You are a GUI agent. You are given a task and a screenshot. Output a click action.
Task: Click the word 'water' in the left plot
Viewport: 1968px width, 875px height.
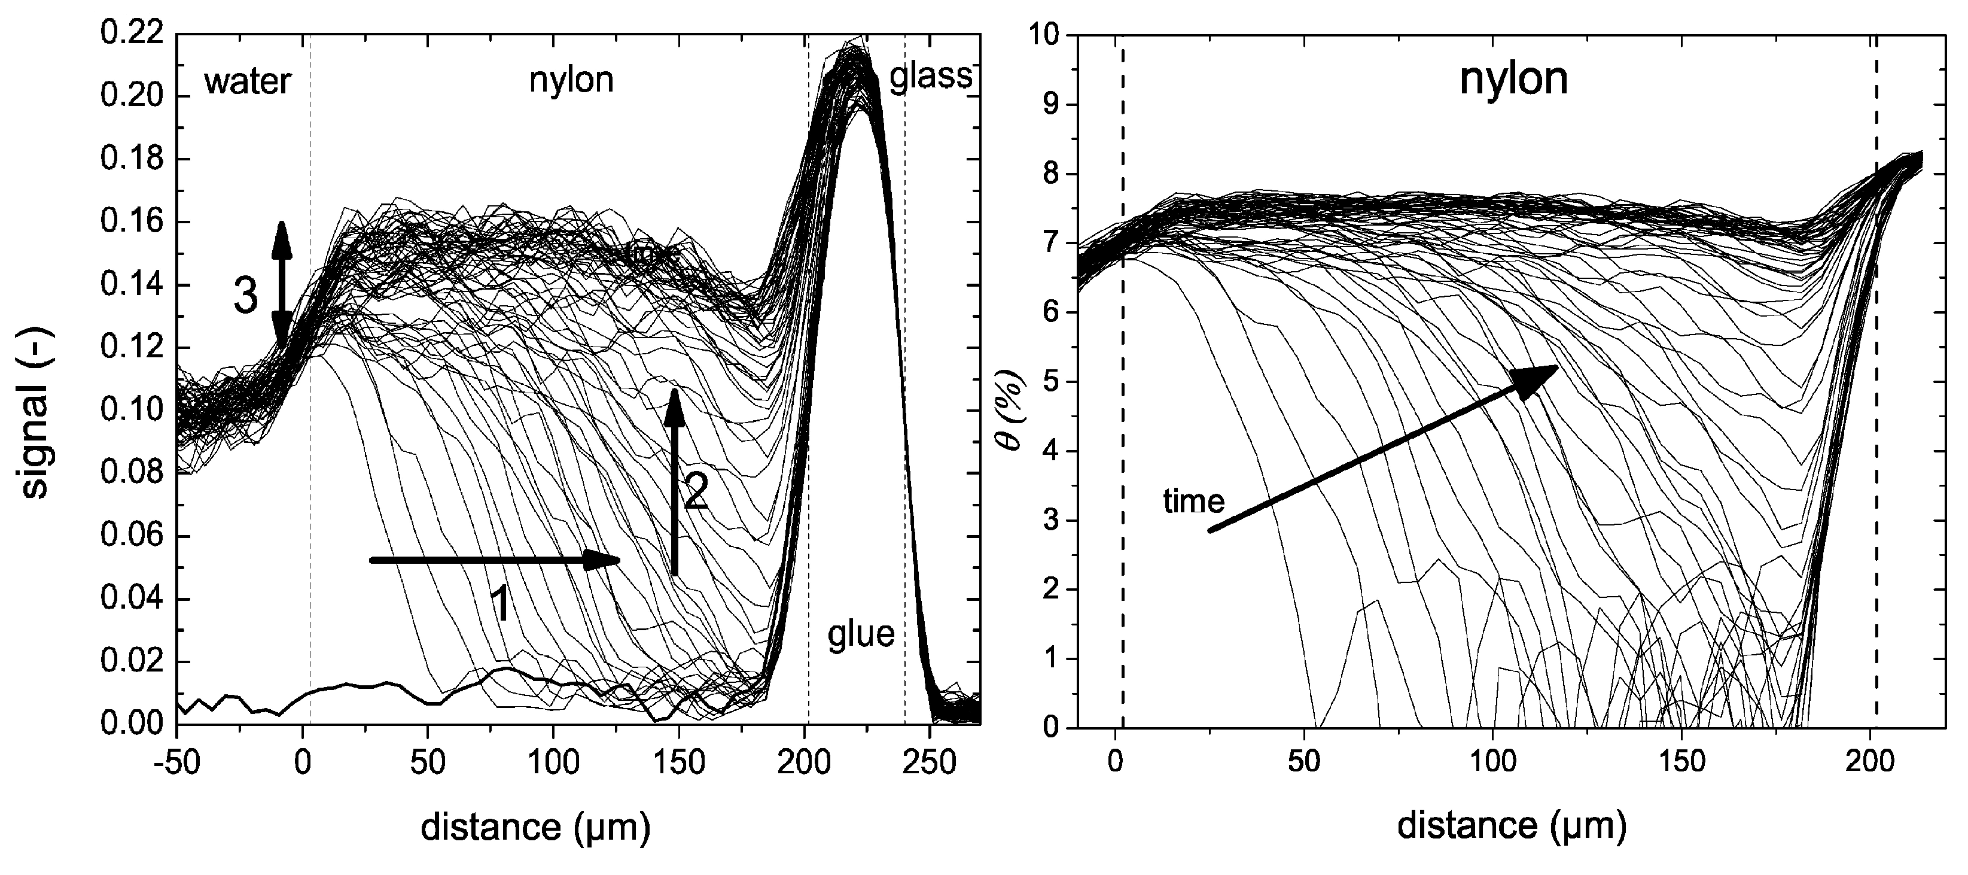pos(247,81)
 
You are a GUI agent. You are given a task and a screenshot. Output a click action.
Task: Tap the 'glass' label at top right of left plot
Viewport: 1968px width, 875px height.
pos(931,77)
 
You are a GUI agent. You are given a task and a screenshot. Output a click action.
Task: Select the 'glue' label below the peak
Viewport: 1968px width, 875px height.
pos(861,634)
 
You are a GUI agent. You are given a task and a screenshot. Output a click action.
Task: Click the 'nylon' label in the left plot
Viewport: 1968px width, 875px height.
pos(571,80)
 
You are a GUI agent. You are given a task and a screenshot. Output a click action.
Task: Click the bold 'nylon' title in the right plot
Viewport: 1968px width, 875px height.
pos(1513,80)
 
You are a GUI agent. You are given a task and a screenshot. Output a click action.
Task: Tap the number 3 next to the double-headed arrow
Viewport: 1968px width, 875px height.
pos(245,296)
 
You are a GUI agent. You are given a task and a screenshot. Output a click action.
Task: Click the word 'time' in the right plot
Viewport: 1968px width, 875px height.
pos(1193,502)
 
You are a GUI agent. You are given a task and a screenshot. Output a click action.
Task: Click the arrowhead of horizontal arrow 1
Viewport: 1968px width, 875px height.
pos(604,560)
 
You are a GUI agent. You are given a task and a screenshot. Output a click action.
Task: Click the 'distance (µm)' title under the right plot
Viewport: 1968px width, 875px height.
pos(1511,826)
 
